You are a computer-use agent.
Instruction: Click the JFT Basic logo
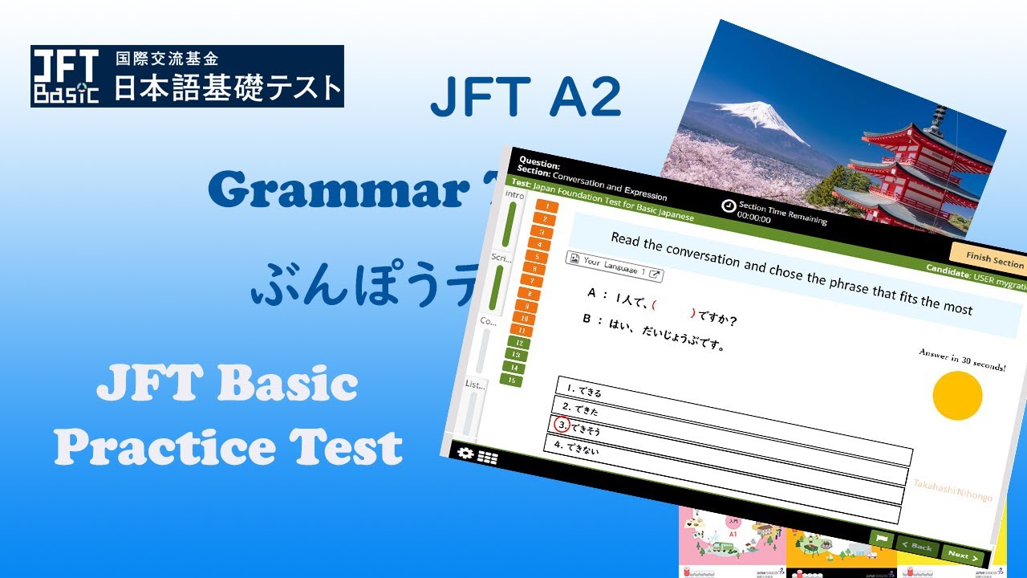pyautogui.click(x=67, y=76)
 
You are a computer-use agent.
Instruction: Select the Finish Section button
pyautogui.click(x=993, y=259)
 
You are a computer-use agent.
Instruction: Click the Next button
pyautogui.click(x=962, y=555)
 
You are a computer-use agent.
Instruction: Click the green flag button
pyautogui.click(x=881, y=539)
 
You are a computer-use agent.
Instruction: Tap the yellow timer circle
pyautogui.click(x=957, y=395)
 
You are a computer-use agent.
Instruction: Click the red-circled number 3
pyautogui.click(x=562, y=425)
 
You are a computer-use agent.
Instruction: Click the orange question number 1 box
pyautogui.click(x=546, y=207)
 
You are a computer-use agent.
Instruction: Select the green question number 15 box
pyautogui.click(x=510, y=380)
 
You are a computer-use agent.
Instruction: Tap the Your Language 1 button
pyautogui.click(x=615, y=267)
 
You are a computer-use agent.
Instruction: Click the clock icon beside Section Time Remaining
pyautogui.click(x=728, y=206)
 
